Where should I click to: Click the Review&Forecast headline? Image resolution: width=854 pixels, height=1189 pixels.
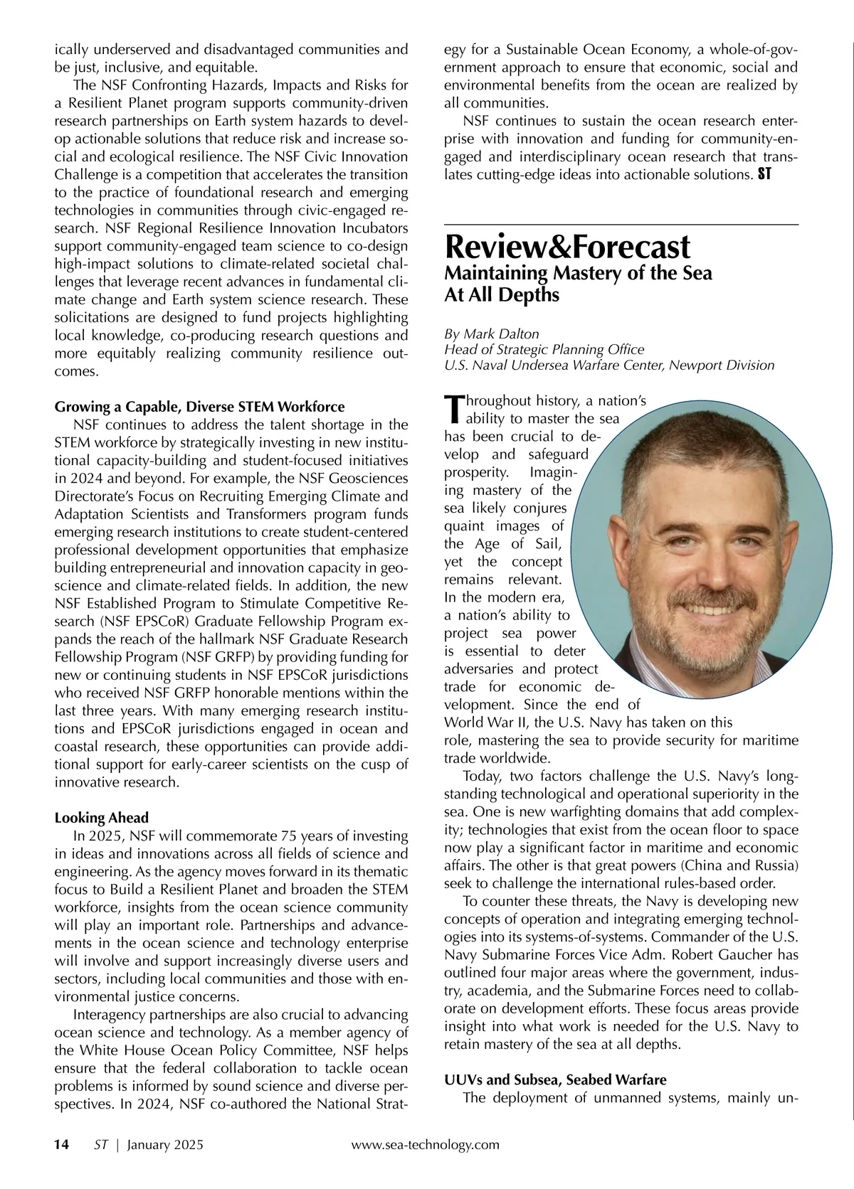[x=566, y=247]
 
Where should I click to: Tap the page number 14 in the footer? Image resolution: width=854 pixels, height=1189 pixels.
[x=62, y=1144]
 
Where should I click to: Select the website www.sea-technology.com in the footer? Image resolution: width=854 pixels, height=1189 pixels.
[x=425, y=1144]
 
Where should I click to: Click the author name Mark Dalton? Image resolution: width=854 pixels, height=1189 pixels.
[x=502, y=334]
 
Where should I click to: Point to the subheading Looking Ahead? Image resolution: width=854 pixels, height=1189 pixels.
[x=102, y=817]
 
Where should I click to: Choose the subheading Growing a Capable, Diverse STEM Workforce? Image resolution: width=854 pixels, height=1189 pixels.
[x=199, y=407]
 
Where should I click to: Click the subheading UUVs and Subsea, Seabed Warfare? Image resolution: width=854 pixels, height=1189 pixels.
[x=555, y=1079]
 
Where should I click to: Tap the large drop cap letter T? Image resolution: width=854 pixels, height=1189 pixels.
[x=453, y=408]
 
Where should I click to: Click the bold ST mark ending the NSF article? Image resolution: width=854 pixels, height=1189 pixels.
[x=764, y=174]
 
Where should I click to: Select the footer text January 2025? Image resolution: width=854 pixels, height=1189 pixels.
[x=165, y=1144]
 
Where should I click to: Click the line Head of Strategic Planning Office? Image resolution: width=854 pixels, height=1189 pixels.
[x=544, y=349]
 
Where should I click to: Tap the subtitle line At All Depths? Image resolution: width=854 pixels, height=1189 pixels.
[x=502, y=294]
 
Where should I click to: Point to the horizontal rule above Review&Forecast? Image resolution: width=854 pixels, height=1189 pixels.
[x=621, y=225]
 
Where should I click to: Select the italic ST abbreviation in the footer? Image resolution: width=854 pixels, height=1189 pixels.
[x=100, y=1144]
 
